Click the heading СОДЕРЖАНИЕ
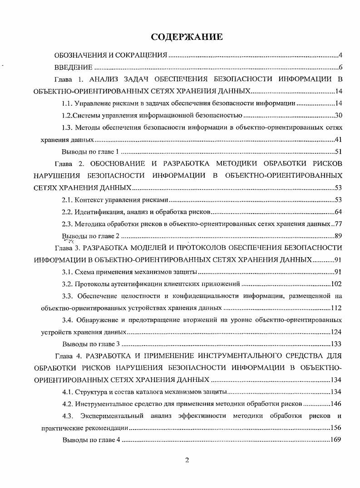coord(187,37)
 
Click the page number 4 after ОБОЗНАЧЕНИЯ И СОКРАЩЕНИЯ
coord(340,56)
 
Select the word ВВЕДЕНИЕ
coord(74,68)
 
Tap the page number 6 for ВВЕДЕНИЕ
coord(340,68)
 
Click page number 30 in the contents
coord(338,115)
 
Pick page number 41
coord(338,139)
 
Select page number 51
coord(338,151)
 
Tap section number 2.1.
coord(67,200)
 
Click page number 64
coord(338,212)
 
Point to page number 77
coord(338,224)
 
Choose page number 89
coord(338,236)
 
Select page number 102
coord(336,284)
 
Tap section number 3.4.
coord(68,320)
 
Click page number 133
coord(336,344)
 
